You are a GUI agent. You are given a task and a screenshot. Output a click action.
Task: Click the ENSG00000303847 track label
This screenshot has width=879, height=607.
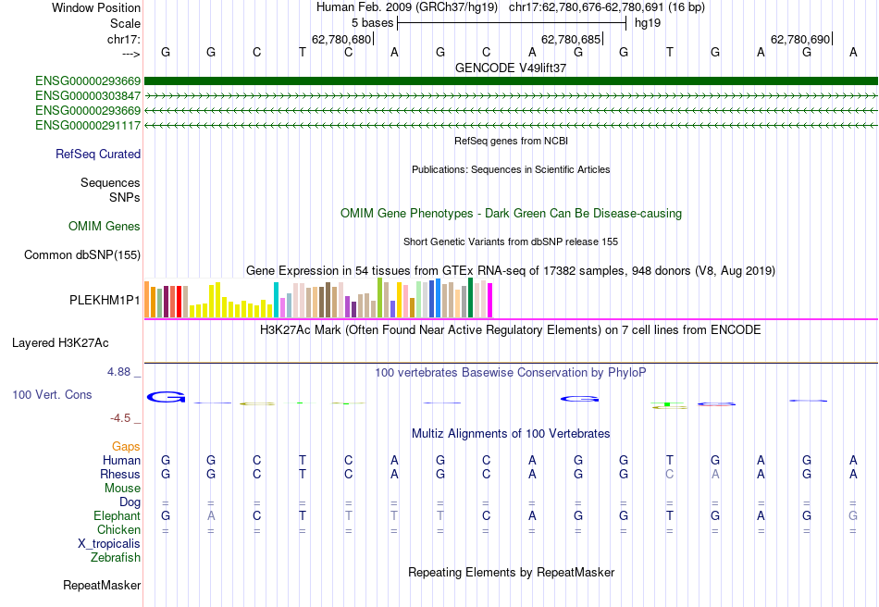click(x=88, y=96)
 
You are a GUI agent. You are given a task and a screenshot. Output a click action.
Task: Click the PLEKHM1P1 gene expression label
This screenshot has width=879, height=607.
click(x=105, y=301)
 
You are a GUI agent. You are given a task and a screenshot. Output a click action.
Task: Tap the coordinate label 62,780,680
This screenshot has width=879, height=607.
click(x=341, y=40)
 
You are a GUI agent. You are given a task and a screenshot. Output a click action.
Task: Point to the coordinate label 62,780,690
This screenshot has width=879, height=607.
click(x=800, y=40)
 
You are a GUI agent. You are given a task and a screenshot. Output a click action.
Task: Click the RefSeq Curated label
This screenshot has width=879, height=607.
click(x=98, y=155)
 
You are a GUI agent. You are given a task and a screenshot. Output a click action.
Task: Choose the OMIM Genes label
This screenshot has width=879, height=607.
click(x=105, y=227)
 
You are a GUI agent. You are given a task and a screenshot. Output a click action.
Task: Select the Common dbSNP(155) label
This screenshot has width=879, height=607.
click(x=83, y=255)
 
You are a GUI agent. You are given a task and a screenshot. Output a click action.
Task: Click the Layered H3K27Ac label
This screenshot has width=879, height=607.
click(x=60, y=343)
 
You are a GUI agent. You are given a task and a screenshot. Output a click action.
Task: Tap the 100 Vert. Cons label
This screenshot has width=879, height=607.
click(x=52, y=395)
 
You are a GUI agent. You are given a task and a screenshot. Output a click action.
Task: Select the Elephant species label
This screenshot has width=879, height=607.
click(x=117, y=516)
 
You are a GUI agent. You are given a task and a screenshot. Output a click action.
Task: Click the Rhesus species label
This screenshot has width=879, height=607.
click(x=120, y=475)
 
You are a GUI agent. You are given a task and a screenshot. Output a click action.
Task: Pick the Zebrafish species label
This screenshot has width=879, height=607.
click(x=116, y=558)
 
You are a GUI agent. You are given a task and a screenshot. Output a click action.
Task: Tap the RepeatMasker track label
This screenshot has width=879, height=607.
click(x=102, y=586)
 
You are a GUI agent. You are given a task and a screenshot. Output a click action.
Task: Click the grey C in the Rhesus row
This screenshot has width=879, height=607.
click(x=669, y=475)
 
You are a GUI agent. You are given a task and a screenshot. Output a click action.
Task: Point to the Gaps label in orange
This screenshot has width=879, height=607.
click(x=126, y=447)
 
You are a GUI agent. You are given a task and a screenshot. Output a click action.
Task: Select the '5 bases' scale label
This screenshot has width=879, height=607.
click(x=372, y=21)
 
